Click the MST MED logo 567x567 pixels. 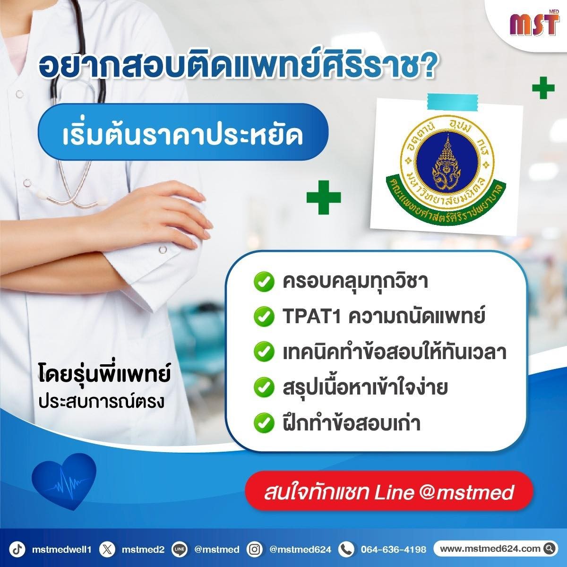click(534, 26)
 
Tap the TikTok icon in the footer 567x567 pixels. click(17, 549)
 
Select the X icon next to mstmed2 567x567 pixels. click(107, 549)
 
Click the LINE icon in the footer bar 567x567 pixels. click(180, 549)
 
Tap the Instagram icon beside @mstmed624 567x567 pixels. click(255, 549)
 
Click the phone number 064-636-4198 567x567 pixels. click(394, 549)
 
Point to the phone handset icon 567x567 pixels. click(346, 549)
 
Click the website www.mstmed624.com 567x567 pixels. click(490, 549)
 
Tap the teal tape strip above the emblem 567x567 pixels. click(453, 102)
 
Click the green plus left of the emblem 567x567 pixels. click(324, 197)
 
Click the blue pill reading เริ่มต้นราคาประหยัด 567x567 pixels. click(183, 132)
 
